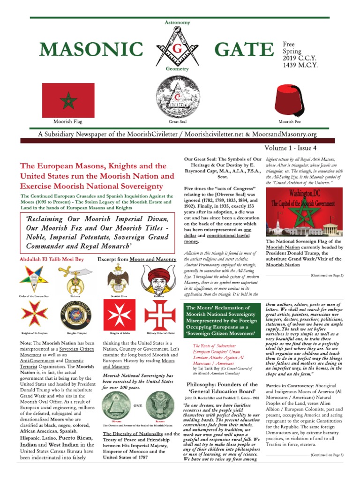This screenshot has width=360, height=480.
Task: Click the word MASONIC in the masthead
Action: (x=91, y=49)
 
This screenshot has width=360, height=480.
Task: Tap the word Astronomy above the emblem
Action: (x=177, y=22)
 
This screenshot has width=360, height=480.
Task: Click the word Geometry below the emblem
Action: (x=177, y=69)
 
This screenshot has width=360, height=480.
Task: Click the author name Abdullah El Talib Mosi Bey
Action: (x=51, y=259)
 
